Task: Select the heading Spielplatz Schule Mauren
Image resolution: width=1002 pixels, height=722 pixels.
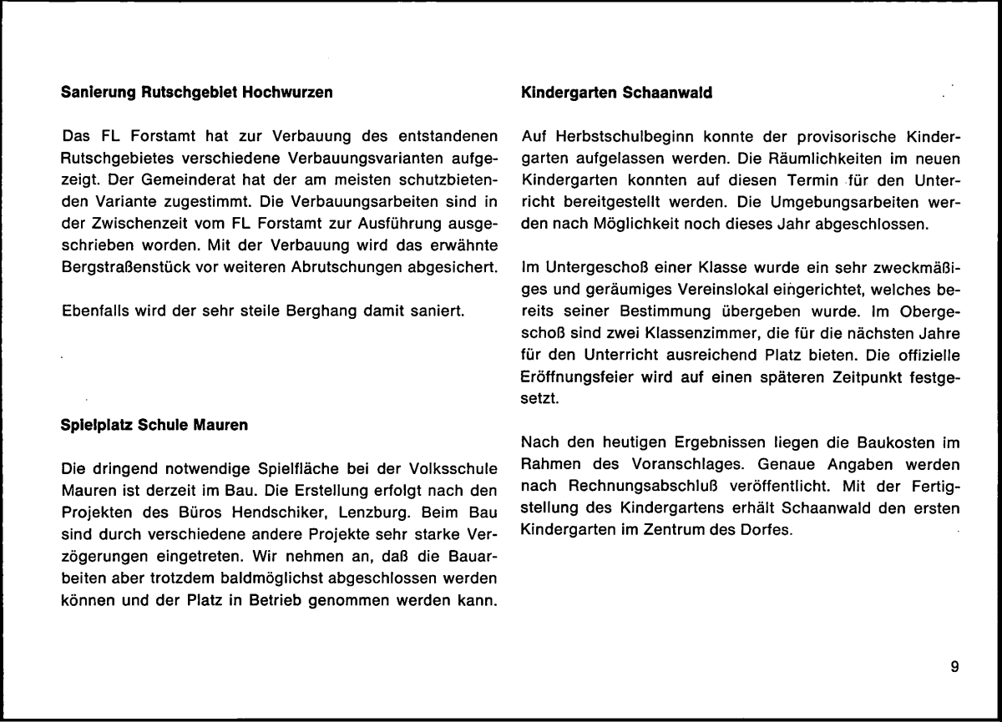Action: pos(155,426)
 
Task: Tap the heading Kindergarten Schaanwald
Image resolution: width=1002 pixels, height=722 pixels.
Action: pos(616,93)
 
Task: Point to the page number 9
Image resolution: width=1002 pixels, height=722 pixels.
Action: pos(954,665)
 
